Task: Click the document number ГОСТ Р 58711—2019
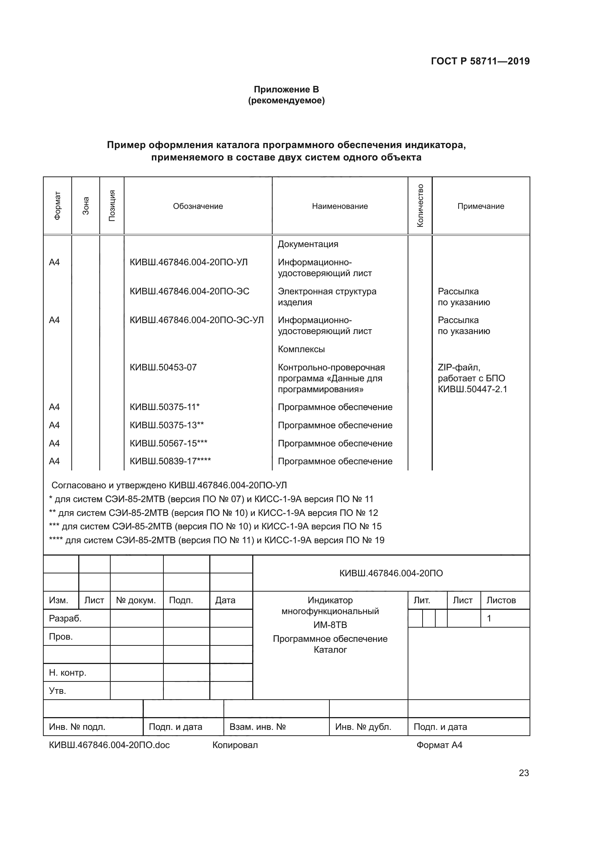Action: pyautogui.click(x=480, y=61)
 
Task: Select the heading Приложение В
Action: pyautogui.click(x=286, y=90)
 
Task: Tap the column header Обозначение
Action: pyautogui.click(x=198, y=206)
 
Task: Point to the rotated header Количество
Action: pyautogui.click(x=420, y=206)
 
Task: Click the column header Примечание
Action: pyautogui.click(x=480, y=206)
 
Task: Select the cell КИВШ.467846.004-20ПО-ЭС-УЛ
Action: pyautogui.click(x=197, y=320)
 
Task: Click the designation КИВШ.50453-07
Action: pyautogui.click(x=163, y=367)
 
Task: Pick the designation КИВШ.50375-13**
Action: pyautogui.click(x=167, y=425)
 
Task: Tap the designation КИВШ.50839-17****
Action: pyautogui.click(x=170, y=461)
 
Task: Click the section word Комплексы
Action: pyautogui.click(x=301, y=349)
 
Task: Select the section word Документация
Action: pyautogui.click(x=308, y=244)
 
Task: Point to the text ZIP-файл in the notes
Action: pyautogui.click(x=459, y=367)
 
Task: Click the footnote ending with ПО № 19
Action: pyautogui.click(x=217, y=540)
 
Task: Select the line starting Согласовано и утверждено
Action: pyautogui.click(x=169, y=485)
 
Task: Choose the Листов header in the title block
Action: pyautogui.click(x=501, y=600)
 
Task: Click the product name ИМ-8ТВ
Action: pyautogui.click(x=330, y=625)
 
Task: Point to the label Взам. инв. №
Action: pyautogui.click(x=257, y=727)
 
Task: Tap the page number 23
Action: pyautogui.click(x=523, y=773)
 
